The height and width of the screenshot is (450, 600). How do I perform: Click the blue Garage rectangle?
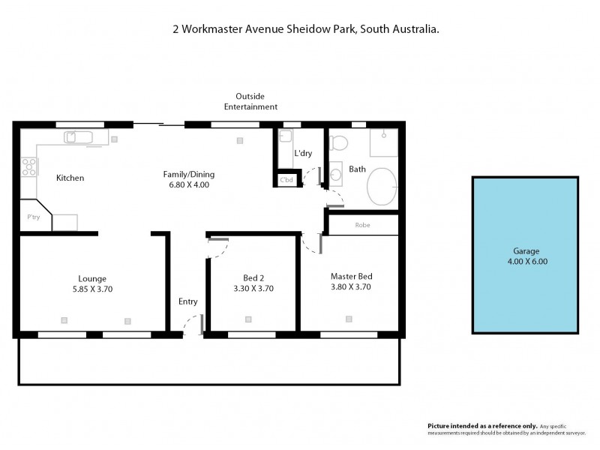525,255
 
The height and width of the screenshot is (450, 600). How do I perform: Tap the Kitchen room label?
70,178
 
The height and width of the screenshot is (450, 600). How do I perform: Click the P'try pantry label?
33,217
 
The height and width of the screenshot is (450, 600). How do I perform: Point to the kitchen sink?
78,137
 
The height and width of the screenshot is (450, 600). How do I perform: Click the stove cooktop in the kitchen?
29,166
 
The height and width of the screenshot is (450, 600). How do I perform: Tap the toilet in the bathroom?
339,142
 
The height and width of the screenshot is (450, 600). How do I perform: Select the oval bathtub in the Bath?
385,186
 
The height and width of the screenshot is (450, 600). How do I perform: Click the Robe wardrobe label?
363,225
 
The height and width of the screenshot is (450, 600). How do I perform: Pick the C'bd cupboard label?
286,181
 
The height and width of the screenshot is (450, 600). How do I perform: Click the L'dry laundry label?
303,154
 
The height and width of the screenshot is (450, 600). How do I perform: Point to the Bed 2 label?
252,277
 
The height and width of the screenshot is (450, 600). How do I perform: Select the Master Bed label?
351,275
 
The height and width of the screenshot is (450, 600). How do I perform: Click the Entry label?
187,301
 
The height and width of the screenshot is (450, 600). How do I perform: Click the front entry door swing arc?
193,323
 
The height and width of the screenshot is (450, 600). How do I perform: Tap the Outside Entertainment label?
250,101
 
